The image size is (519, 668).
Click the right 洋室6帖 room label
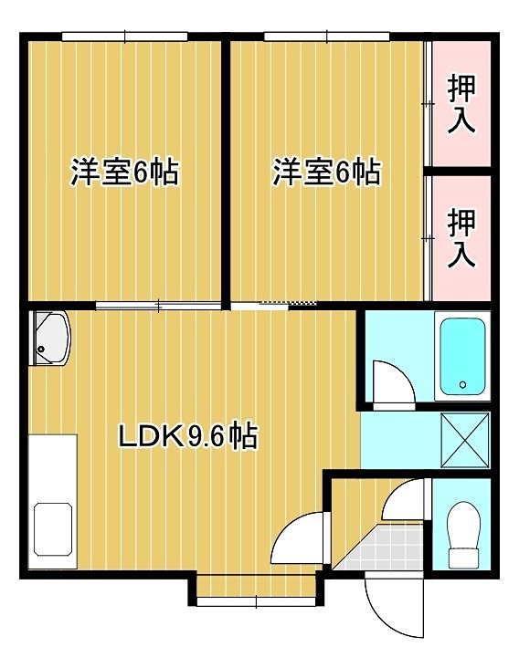pyautogui.click(x=326, y=172)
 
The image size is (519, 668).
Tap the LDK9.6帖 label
pyautogui.click(x=187, y=436)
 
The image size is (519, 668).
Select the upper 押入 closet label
pyautogui.click(x=461, y=105)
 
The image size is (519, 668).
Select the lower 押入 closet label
pyautogui.click(x=461, y=236)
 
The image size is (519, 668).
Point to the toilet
pyautogui.click(x=464, y=535)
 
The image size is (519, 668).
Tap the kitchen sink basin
pyautogui.click(x=55, y=532)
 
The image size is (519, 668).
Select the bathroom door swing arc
pyautogui.click(x=390, y=381)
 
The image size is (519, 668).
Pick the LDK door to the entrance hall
pyautogui.click(x=298, y=541)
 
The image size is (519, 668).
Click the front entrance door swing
pyautogui.click(x=391, y=607)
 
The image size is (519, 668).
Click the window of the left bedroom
pyautogui.click(x=125, y=37)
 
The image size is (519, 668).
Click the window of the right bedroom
pyautogui.click(x=327, y=37)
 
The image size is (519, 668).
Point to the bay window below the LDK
pyautogui.click(x=256, y=600)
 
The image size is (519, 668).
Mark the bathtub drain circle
pyautogui.click(x=462, y=385)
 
